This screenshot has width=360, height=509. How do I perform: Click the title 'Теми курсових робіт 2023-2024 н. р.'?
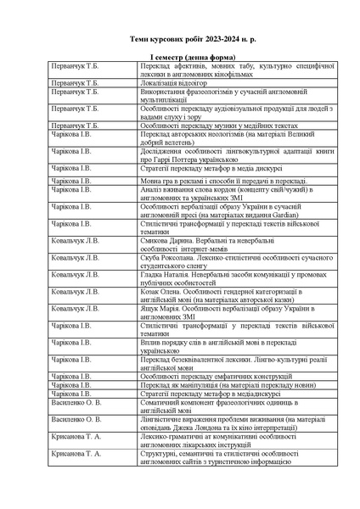180,39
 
